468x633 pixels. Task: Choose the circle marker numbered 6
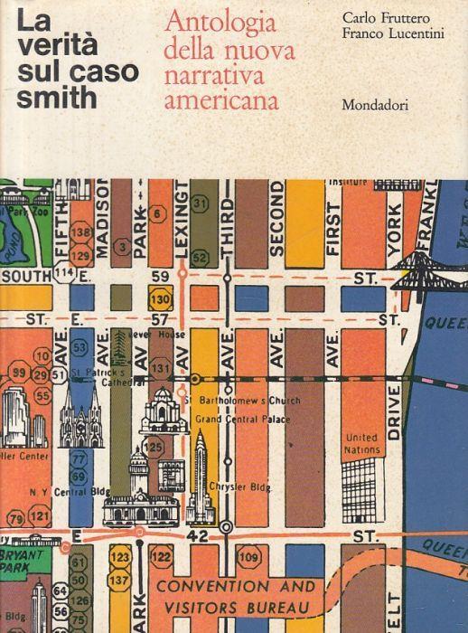pyautogui.click(x=158, y=214)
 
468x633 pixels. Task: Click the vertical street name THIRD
pyautogui.click(x=228, y=222)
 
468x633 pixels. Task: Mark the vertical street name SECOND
pyautogui.click(x=276, y=217)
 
